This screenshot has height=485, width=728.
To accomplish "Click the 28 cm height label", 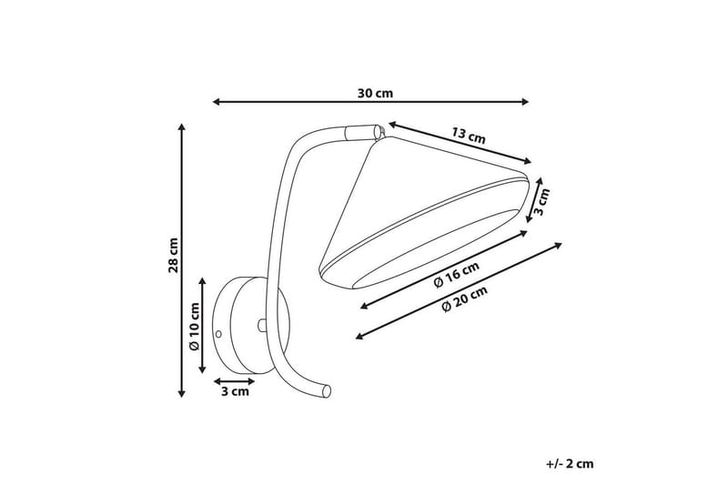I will tap(174, 255).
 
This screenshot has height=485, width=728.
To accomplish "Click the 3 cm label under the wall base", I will tap(234, 392).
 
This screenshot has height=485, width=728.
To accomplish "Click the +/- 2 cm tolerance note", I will tap(570, 463).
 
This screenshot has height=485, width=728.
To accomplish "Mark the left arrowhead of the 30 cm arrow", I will tap(217, 102).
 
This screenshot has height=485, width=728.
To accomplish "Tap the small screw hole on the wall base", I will tap(218, 334).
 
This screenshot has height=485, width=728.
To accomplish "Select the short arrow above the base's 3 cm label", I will tap(233, 380).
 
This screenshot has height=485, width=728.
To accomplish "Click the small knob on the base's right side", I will tap(261, 324).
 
